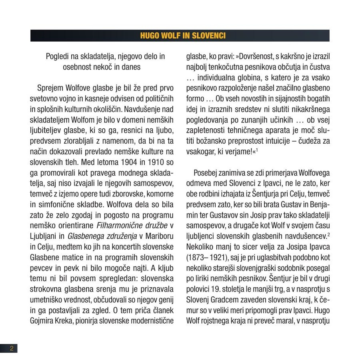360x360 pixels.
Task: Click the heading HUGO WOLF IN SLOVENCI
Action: coord(183,36)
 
